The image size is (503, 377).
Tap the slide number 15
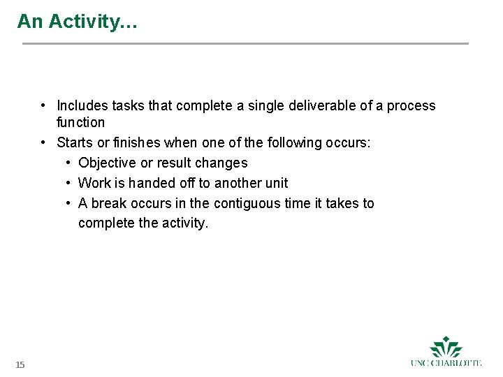[x=20, y=364]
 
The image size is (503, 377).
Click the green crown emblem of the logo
[x=446, y=347]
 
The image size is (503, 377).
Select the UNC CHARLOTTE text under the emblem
[x=446, y=363]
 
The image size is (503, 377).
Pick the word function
[x=80, y=123]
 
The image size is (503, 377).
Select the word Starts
[x=73, y=143]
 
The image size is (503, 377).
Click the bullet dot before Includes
[x=43, y=106]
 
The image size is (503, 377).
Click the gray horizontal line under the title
[x=245, y=44]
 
